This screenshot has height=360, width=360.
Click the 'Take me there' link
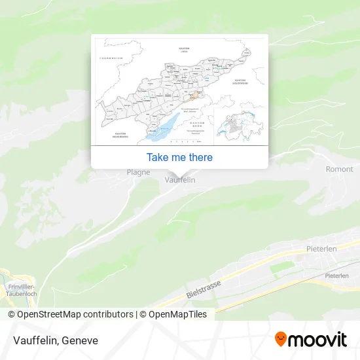point(179,157)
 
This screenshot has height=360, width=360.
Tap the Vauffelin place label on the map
point(180,179)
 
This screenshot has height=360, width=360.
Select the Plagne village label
point(138,172)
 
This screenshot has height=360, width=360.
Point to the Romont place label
point(339,169)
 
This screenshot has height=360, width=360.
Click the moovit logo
point(310,339)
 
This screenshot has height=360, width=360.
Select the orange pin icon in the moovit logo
point(281,339)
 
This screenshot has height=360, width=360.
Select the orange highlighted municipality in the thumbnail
point(194,96)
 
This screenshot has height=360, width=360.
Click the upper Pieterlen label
point(321,249)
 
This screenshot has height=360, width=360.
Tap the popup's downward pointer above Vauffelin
point(179,171)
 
